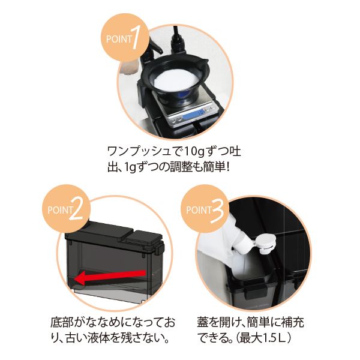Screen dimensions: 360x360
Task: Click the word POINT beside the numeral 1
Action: pyautogui.click(x=119, y=39)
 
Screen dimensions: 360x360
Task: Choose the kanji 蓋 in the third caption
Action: pyautogui.click(x=203, y=322)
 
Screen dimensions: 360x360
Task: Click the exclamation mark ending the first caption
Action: pyautogui.click(x=228, y=167)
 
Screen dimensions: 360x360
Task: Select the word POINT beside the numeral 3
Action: pyautogui.click(x=199, y=210)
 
